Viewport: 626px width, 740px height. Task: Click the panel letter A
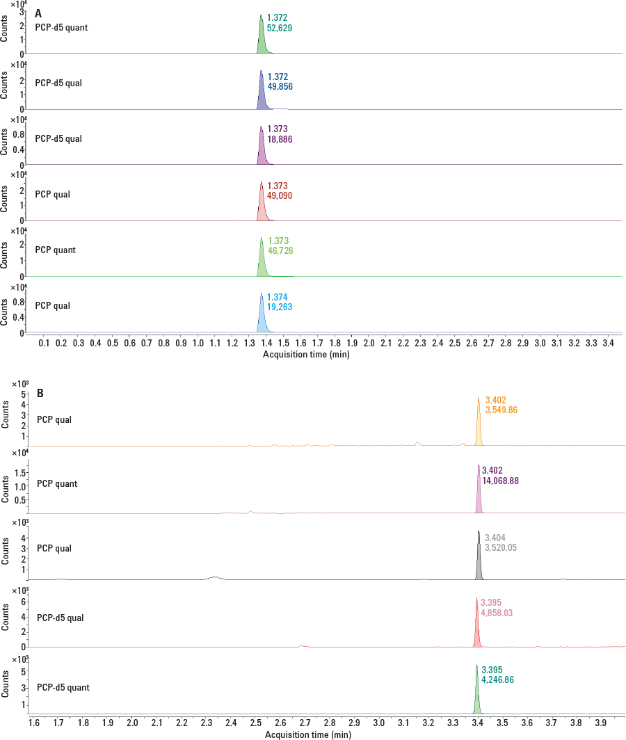(39, 13)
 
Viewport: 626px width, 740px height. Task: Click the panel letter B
(40, 393)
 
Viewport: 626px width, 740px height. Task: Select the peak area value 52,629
(282, 27)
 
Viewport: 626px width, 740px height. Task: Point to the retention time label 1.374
(278, 296)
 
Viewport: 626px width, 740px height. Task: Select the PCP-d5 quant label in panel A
(61, 27)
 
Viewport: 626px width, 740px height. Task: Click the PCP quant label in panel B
(57, 483)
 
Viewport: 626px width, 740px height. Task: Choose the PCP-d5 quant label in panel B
(64, 687)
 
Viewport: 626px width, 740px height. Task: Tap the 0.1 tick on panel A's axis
(45, 344)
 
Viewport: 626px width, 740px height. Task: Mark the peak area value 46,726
(280, 251)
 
